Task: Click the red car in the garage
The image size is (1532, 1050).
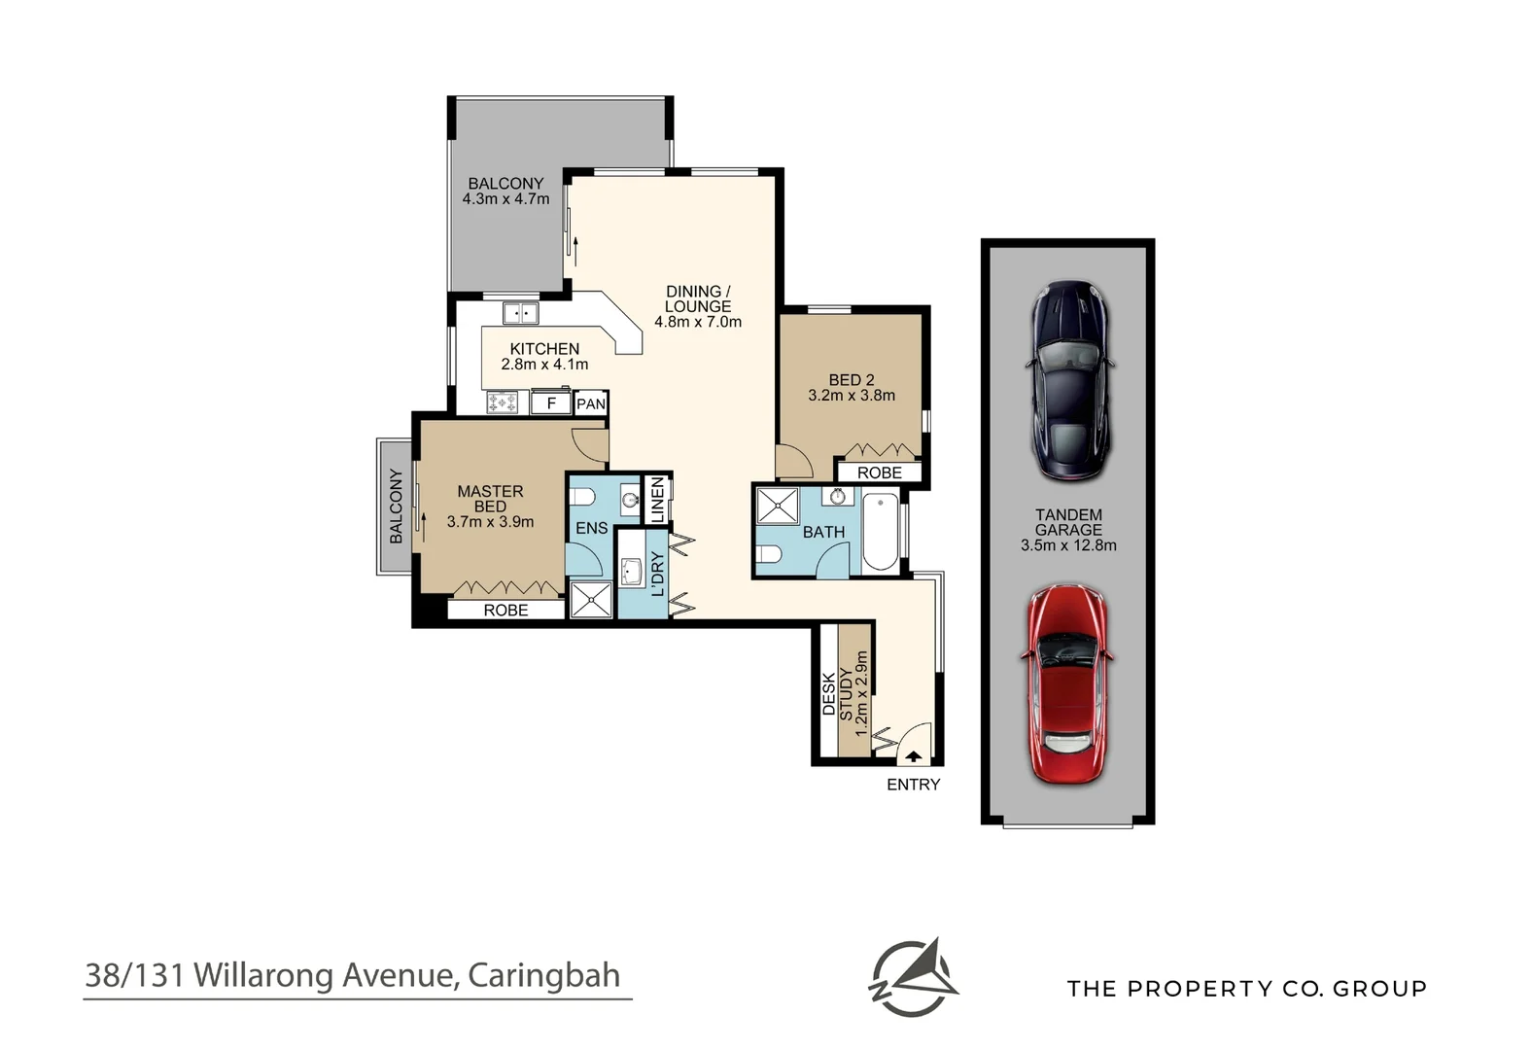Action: tap(1067, 682)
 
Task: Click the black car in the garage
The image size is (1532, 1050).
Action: tap(1068, 381)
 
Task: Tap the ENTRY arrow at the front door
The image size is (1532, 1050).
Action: tap(913, 754)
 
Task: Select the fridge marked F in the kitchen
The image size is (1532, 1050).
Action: tap(551, 402)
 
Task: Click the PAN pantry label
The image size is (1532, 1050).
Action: tap(591, 403)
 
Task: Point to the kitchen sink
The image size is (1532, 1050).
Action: tap(520, 313)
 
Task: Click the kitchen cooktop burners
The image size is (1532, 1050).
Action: tap(503, 402)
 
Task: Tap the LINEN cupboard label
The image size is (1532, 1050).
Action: tap(658, 500)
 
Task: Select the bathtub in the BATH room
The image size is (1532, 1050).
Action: tap(881, 533)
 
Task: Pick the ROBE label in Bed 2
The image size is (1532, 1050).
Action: tap(879, 472)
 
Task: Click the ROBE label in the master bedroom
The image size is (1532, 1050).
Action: tap(505, 610)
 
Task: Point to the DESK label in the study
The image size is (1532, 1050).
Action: tap(829, 693)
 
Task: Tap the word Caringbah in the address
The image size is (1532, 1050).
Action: tap(543, 975)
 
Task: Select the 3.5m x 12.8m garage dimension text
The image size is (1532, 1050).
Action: tap(1068, 545)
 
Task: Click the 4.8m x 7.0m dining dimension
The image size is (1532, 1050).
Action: tap(697, 322)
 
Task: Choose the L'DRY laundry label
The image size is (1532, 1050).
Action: tap(657, 574)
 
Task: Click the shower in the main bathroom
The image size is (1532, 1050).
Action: tap(777, 507)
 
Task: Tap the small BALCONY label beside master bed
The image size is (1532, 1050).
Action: tap(396, 506)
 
